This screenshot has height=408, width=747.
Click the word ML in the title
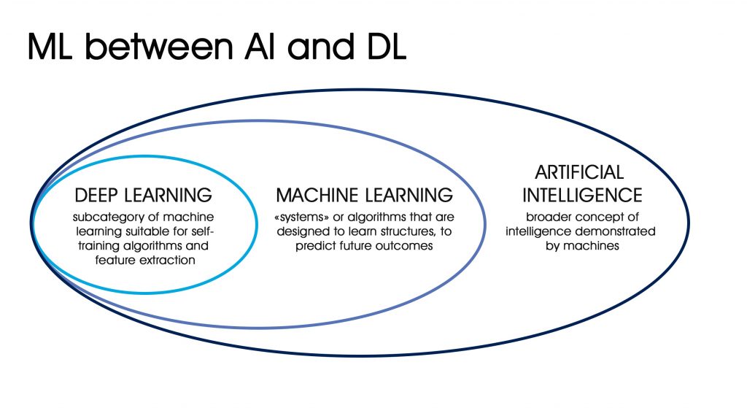(x=50, y=46)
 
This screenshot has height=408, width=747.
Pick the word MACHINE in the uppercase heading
(x=317, y=196)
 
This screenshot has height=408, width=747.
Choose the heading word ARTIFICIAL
(x=579, y=172)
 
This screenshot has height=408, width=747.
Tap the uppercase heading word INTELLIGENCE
(x=582, y=196)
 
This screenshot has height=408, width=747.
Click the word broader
(x=547, y=218)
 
